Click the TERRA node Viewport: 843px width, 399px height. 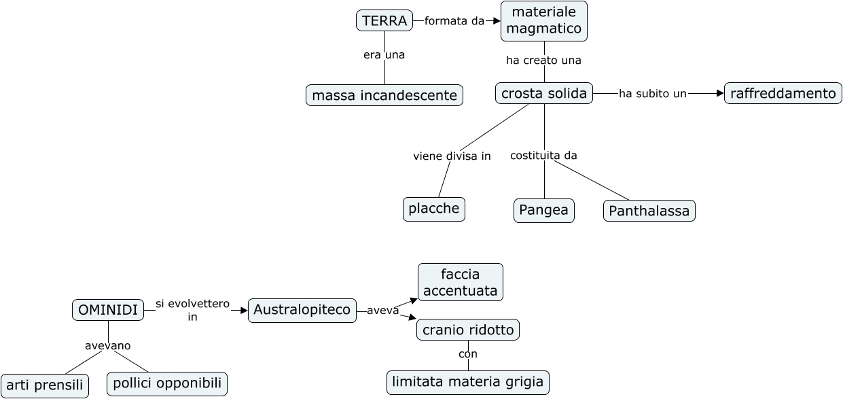point(384,21)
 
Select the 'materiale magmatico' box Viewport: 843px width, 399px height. point(543,21)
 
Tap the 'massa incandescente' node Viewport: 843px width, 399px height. point(384,95)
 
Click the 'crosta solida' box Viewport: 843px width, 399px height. point(543,93)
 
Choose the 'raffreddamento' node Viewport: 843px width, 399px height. point(783,93)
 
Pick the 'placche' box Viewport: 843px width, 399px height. point(434,209)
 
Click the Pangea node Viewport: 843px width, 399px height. point(543,210)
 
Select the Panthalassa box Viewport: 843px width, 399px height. point(649,211)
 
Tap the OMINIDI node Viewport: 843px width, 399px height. point(108,310)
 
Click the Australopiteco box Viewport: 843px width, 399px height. point(302,310)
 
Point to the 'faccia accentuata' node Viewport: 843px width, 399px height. point(460,282)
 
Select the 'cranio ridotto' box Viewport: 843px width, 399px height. point(468,330)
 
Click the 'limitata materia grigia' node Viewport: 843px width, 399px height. point(468,382)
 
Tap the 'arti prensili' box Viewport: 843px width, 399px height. point(45,385)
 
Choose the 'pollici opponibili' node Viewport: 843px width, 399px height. point(166,383)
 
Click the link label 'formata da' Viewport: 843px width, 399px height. point(454,21)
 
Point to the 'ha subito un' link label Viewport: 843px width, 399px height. point(652,94)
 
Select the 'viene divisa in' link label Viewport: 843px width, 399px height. point(452,156)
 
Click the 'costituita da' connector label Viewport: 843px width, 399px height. point(543,156)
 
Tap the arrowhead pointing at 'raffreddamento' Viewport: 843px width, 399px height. point(720,93)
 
